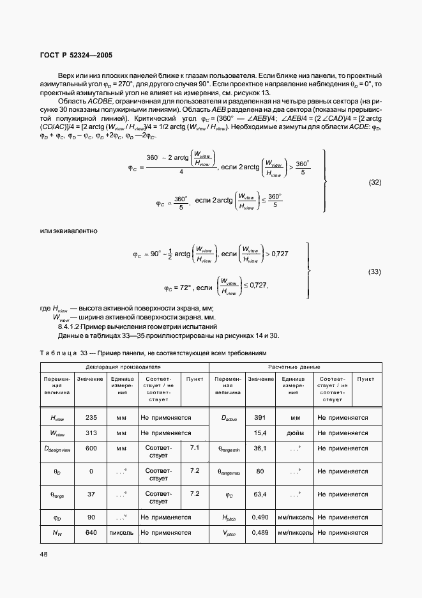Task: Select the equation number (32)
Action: point(375,182)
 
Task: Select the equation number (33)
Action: point(375,272)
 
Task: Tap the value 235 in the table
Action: point(91,417)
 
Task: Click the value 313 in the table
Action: point(91,433)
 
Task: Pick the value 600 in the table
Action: point(91,448)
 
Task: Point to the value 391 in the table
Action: point(260,417)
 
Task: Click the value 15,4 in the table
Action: point(260,433)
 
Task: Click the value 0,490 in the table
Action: point(260,517)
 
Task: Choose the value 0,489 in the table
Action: point(260,532)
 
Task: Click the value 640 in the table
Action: point(91,532)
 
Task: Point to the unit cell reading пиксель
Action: point(121,532)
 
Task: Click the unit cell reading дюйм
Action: point(294,433)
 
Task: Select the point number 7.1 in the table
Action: point(195,448)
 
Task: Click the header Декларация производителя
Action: point(124,367)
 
